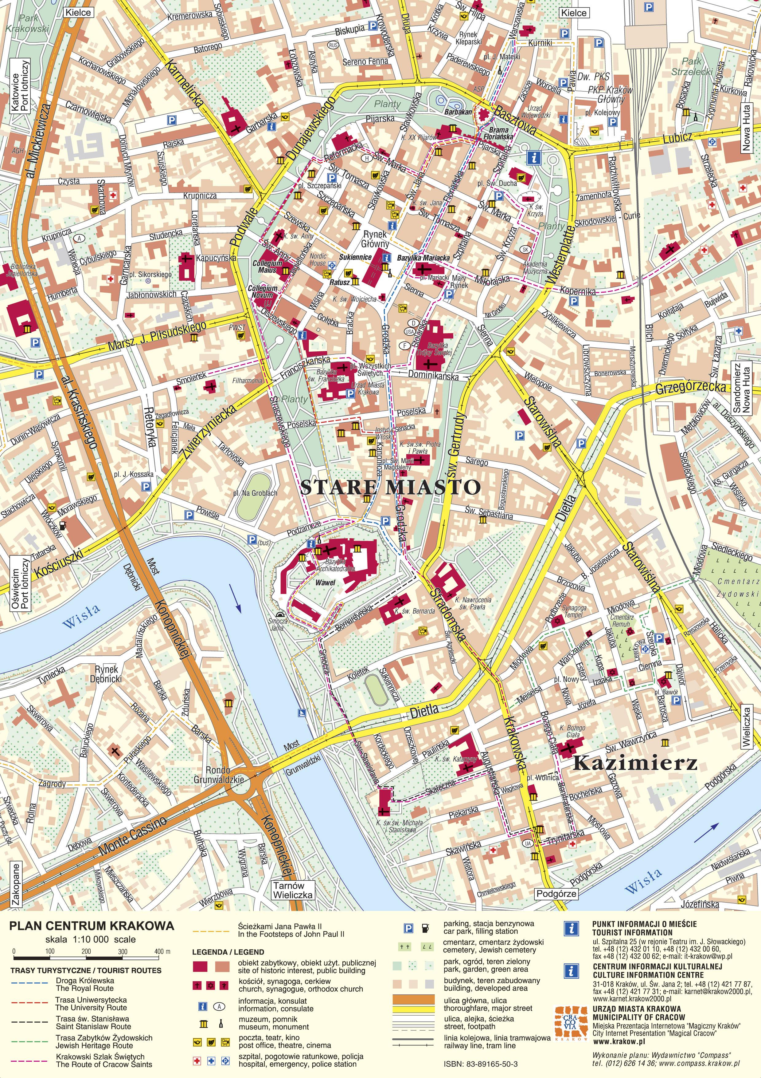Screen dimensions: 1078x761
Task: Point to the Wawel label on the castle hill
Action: [x=325, y=583]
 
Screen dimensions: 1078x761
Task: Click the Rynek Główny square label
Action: [x=375, y=239]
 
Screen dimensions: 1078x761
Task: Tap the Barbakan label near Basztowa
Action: [x=458, y=112]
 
